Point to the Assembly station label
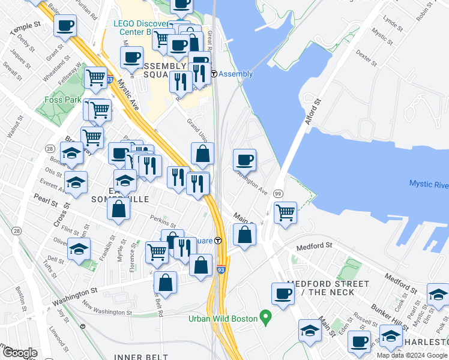[235, 74]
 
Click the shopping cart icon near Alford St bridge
[286, 212]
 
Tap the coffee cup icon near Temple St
[65, 25]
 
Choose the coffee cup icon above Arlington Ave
[244, 160]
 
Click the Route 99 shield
[278, 193]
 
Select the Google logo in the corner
[20, 353]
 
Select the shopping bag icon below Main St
[244, 235]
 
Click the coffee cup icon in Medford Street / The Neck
[283, 293]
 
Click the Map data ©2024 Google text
[412, 355]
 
